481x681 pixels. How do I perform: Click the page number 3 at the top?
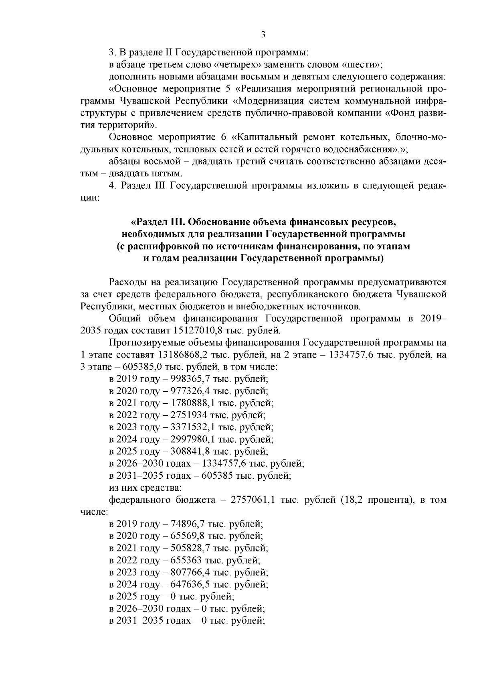[263, 35]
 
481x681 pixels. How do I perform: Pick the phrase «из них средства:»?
[146, 488]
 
